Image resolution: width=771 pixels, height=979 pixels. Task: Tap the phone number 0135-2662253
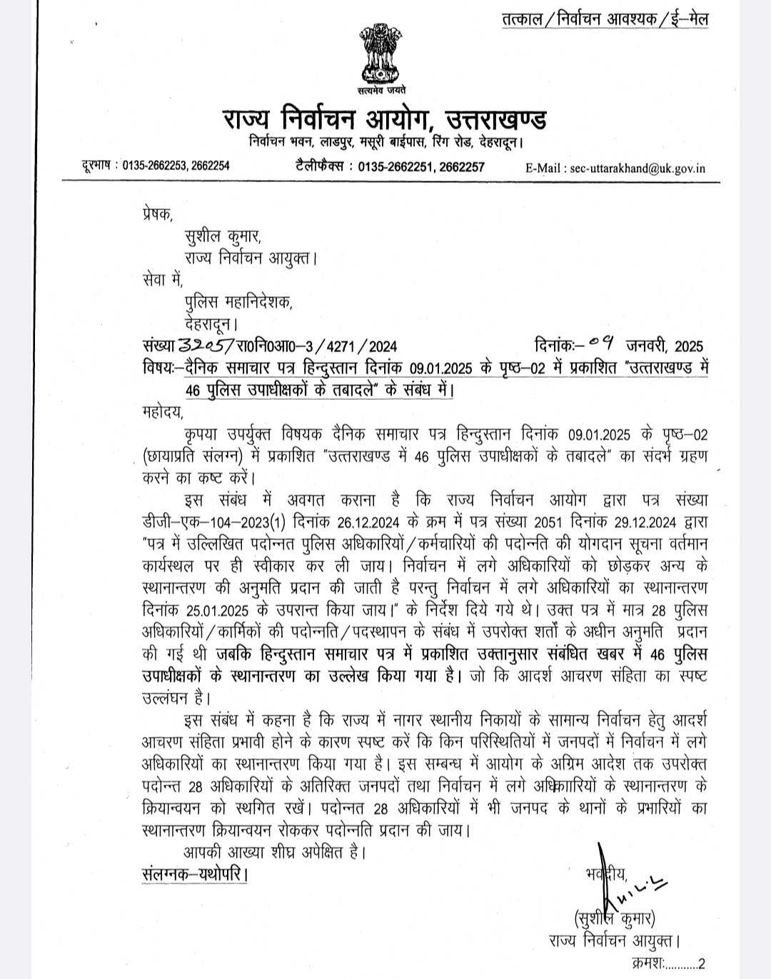(x=152, y=166)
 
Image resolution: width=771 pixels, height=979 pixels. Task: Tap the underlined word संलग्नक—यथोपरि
(x=195, y=873)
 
